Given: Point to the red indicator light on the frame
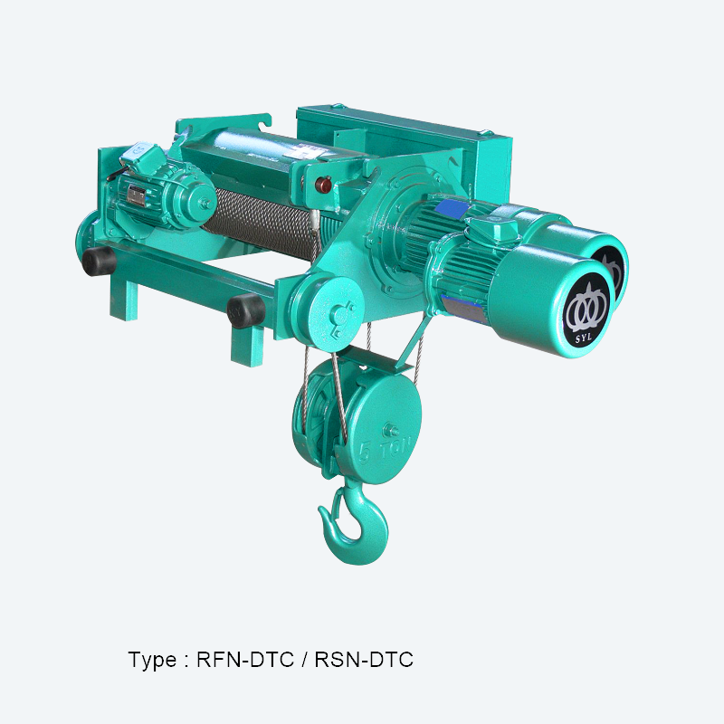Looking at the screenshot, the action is [323, 185].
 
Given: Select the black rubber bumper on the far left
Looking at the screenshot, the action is [99, 261].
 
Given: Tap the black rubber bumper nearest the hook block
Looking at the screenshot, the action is [245, 310].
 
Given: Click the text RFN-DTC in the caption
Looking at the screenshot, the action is [245, 660].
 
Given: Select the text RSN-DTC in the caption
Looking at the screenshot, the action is [364, 660].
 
